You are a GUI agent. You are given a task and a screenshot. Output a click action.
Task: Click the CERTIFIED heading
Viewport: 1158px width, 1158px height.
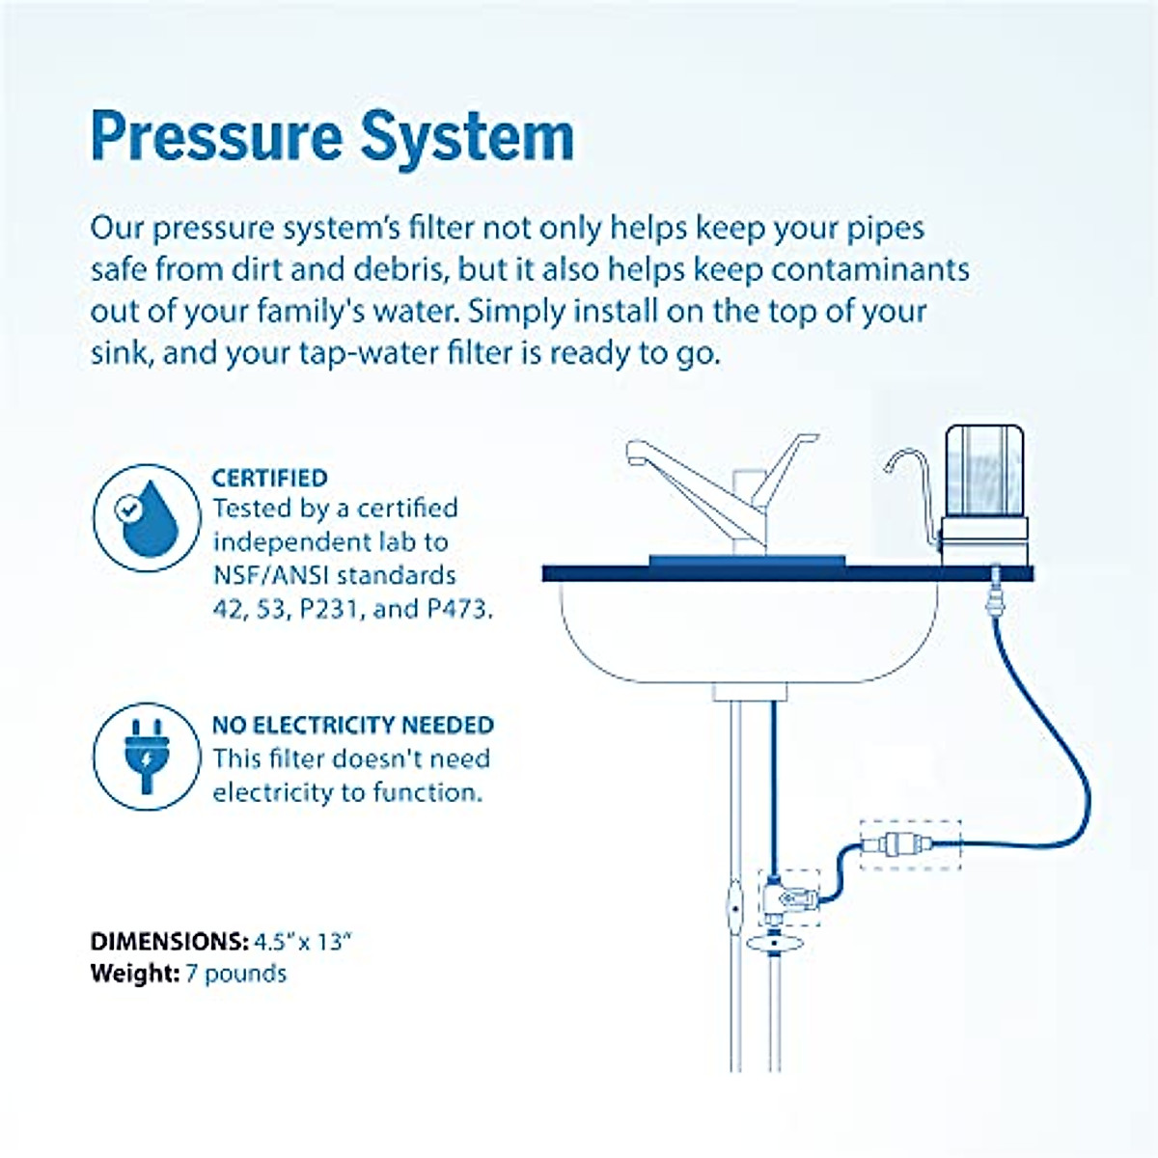point(269,478)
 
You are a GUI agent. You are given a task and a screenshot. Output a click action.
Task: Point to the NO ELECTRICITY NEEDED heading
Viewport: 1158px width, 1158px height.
point(352,725)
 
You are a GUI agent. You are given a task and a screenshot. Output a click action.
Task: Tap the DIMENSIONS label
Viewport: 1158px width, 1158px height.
point(169,942)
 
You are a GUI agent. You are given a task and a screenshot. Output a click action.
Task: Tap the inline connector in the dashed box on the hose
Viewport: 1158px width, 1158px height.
point(910,844)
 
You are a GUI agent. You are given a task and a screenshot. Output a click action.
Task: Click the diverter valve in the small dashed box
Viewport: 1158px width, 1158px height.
point(789,896)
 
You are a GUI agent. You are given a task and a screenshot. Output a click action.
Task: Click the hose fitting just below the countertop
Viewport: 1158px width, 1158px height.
point(990,603)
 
